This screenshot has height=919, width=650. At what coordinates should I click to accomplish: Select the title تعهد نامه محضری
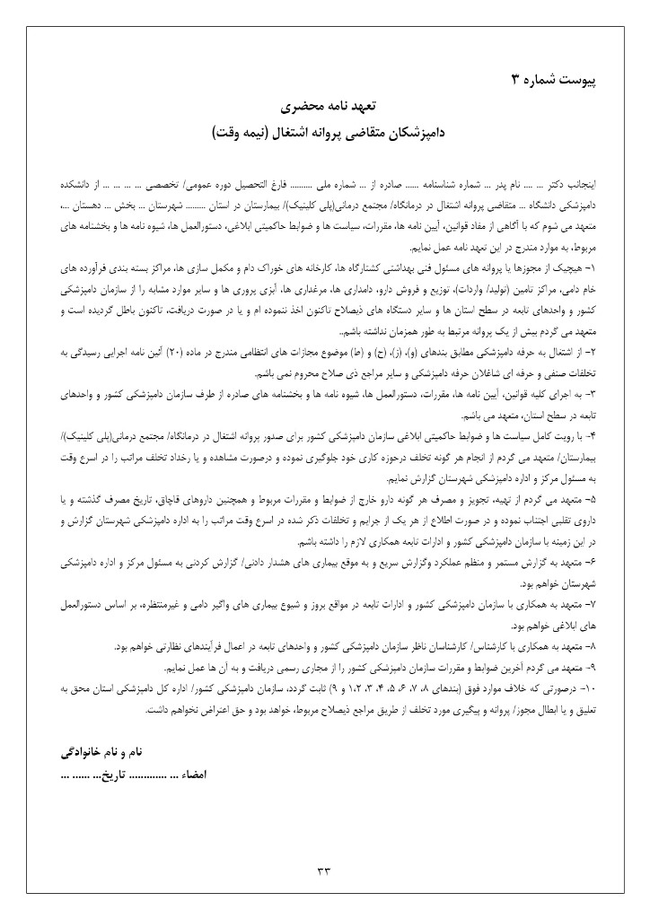click(x=324, y=108)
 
